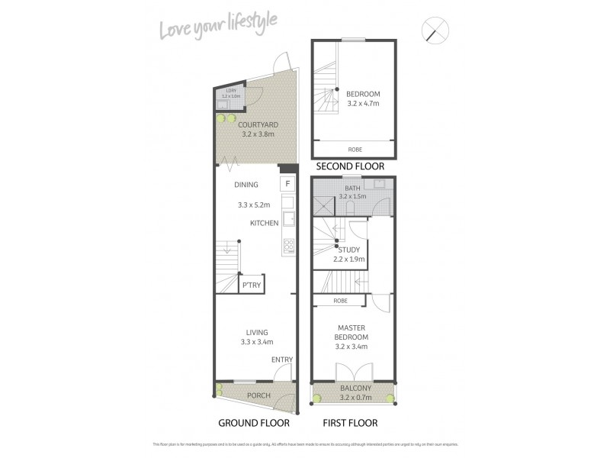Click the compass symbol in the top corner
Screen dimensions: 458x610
(435, 31)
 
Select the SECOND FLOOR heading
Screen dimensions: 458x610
(350, 166)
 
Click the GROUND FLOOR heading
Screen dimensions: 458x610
(252, 422)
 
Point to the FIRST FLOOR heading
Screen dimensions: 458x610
(351, 422)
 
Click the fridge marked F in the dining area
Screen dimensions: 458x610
(287, 184)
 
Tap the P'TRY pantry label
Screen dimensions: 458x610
(250, 285)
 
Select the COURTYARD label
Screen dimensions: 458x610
(256, 124)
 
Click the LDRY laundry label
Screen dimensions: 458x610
(230, 92)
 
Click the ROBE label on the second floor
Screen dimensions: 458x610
(355, 149)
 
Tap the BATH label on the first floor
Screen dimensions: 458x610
(353, 188)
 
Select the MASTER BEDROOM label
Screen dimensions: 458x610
(352, 332)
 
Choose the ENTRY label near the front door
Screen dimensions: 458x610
(281, 360)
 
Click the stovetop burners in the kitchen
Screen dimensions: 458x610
(289, 246)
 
